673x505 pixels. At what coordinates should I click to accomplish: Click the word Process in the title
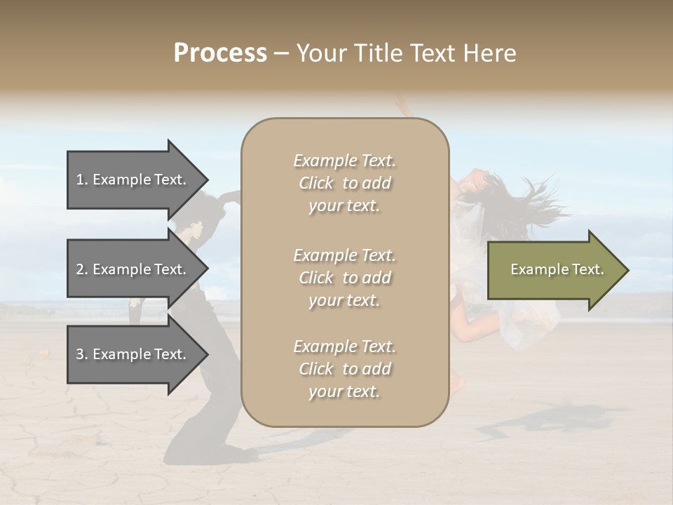[x=220, y=53]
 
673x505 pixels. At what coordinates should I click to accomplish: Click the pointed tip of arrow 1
[x=205, y=180]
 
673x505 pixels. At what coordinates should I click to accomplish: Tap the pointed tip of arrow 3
[x=205, y=354]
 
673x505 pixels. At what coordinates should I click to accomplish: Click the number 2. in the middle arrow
[x=82, y=269]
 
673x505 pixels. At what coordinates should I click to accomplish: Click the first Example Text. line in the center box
[x=344, y=161]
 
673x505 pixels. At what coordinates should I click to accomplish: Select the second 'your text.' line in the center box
[x=344, y=300]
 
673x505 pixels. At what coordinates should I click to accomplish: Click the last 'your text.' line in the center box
[x=344, y=392]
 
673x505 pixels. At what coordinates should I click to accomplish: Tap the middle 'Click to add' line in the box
[x=344, y=278]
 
